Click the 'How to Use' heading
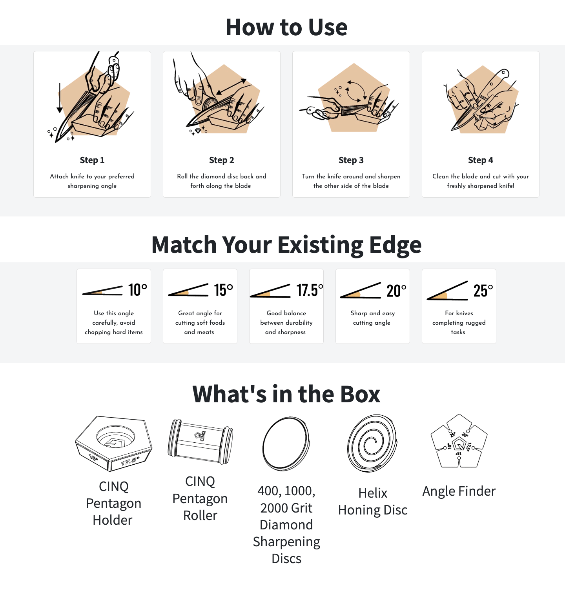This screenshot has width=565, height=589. click(x=286, y=27)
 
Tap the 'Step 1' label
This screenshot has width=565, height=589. click(x=92, y=160)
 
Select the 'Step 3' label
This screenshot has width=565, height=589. click(x=351, y=160)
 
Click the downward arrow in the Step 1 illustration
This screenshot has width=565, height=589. click(x=60, y=98)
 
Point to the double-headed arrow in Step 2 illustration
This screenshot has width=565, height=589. click(x=231, y=87)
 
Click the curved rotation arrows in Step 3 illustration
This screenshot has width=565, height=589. click(x=356, y=90)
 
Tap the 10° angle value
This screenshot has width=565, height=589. click(x=138, y=290)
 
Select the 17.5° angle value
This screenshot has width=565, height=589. click(x=310, y=291)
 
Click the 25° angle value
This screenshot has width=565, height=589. click(x=483, y=291)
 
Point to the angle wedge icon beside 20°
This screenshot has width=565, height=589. click(x=361, y=291)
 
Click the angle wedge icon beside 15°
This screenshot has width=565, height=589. click(x=188, y=291)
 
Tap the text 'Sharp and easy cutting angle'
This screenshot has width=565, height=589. click(x=372, y=318)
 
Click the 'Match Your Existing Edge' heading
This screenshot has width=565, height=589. click(x=286, y=245)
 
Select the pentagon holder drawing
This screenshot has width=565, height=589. click(x=114, y=444)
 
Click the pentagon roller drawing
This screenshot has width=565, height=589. click(x=200, y=442)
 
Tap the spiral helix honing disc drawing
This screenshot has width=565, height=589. click(x=372, y=443)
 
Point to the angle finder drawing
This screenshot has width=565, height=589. click(x=459, y=442)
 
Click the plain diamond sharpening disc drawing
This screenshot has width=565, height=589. click(x=286, y=444)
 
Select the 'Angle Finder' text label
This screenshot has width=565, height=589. click(x=459, y=491)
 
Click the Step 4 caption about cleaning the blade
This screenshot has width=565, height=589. click(x=481, y=181)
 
